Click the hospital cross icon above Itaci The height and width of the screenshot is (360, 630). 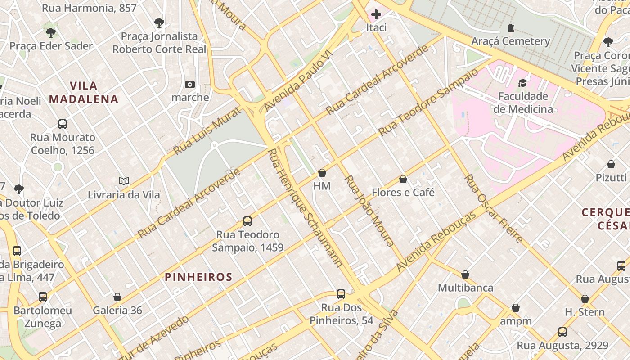[376, 14]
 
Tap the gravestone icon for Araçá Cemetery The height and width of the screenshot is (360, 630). [510, 28]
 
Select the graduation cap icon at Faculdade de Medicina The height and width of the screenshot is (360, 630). [522, 83]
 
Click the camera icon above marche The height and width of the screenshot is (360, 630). [190, 84]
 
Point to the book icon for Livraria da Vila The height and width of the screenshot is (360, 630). [124, 181]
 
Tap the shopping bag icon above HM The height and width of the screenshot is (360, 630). [322, 173]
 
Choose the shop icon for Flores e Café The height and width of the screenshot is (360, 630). [403, 179]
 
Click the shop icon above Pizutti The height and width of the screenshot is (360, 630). [611, 164]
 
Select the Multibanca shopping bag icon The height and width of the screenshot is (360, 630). [465, 274]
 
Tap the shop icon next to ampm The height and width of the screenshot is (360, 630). [516, 308]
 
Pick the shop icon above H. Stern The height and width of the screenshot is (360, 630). [585, 299]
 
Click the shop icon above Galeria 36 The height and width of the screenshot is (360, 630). [117, 297]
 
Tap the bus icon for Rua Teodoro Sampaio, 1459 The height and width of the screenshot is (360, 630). [247, 221]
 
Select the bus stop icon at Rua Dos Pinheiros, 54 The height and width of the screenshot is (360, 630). [341, 294]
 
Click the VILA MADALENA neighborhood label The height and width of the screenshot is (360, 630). [84, 92]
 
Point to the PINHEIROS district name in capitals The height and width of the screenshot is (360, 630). [198, 277]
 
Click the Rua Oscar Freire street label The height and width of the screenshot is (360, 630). [493, 208]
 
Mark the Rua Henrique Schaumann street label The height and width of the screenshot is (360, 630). [304, 208]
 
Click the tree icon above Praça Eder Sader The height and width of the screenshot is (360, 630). [51, 32]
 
